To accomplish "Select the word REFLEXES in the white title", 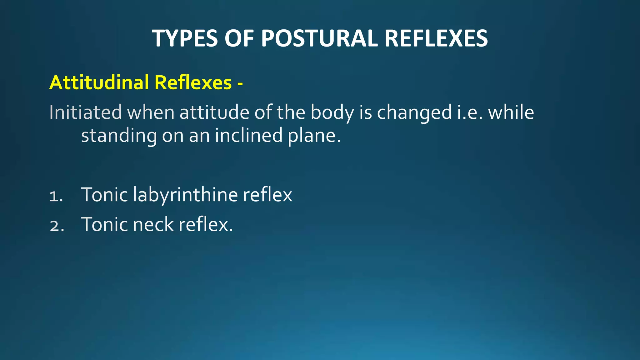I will [436, 38].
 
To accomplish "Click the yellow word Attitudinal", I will [99, 82].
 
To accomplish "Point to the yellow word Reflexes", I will [193, 82].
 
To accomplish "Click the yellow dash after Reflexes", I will [240, 84].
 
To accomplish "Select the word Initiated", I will [85, 112].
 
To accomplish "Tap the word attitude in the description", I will [214, 112].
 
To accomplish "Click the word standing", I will [119, 136].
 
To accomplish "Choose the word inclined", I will [248, 135].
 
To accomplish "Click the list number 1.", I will [56, 196].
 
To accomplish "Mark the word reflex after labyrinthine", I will [267, 195].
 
